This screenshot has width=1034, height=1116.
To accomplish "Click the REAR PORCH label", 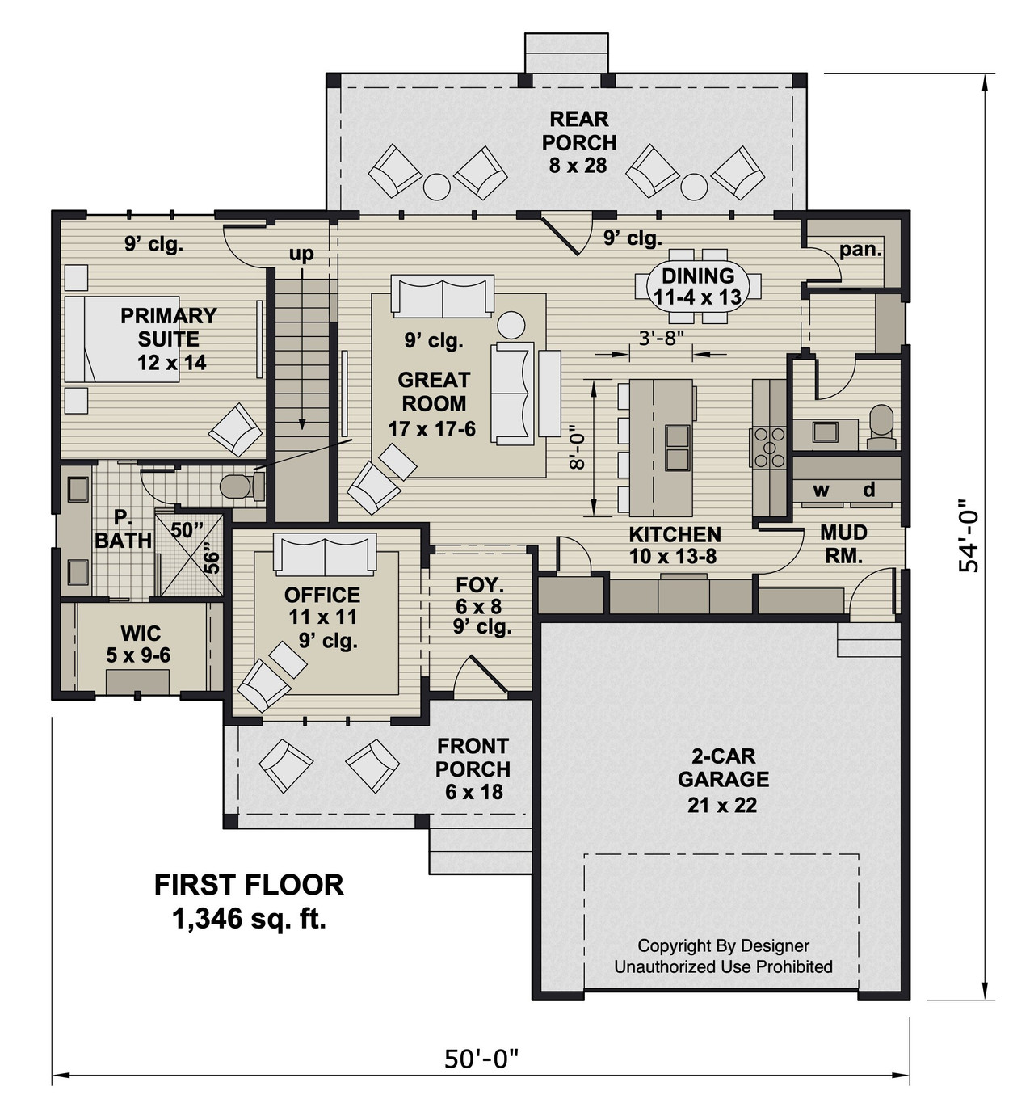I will click(x=578, y=142).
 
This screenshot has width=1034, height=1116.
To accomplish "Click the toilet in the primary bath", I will click(x=239, y=486).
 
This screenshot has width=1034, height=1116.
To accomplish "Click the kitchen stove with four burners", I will click(x=768, y=447).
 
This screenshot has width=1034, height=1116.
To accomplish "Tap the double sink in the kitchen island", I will click(x=677, y=448).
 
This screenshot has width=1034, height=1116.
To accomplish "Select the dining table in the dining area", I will click(x=699, y=286).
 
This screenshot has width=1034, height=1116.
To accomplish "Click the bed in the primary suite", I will click(x=105, y=339).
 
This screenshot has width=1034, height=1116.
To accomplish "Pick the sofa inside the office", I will click(x=325, y=554).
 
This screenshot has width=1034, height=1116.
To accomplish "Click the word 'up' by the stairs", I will click(x=301, y=254).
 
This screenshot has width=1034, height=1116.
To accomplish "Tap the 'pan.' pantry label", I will click(x=860, y=249).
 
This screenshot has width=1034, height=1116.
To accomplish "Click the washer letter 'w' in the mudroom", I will click(x=821, y=490).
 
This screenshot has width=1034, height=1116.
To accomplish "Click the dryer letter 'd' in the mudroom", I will click(x=869, y=490).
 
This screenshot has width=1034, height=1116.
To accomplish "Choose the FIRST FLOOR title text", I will click(x=249, y=885).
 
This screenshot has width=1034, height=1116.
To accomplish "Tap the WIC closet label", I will click(x=140, y=634).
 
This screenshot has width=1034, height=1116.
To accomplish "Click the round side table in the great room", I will click(x=511, y=325).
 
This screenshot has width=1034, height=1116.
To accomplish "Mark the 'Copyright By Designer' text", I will click(x=723, y=945).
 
